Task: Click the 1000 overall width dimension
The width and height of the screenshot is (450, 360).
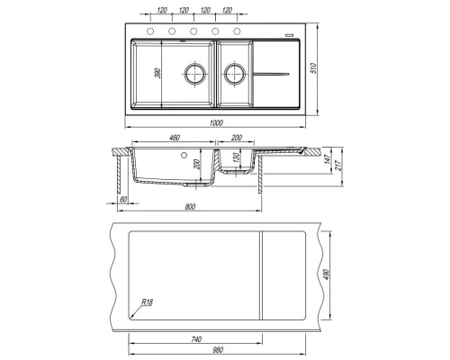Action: click(x=216, y=122)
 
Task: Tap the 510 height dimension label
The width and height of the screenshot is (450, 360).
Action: click(x=313, y=68)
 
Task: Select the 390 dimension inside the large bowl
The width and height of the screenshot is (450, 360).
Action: click(x=157, y=73)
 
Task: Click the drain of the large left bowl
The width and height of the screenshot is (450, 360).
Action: click(x=195, y=74)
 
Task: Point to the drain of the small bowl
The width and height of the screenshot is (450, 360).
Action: click(x=235, y=74)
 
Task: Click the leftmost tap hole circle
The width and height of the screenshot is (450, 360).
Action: click(x=150, y=31)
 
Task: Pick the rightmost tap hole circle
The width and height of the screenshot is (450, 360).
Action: click(x=237, y=31)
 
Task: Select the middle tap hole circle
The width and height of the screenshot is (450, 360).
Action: click(x=193, y=31)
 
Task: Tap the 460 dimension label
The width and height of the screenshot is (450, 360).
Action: click(x=175, y=138)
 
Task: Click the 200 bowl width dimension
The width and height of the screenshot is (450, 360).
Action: click(x=237, y=138)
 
